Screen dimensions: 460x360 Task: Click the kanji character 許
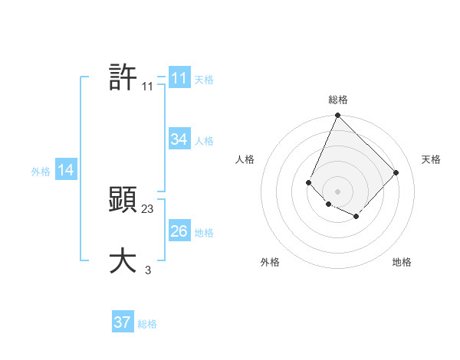point(123,77)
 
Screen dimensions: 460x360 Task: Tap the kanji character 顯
point(123,201)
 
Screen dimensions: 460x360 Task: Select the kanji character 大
point(123,261)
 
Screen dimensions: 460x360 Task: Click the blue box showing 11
point(179,78)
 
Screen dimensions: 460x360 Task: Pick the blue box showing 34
point(179,139)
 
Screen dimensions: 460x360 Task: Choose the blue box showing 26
point(179,231)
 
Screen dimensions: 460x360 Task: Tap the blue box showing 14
point(66,171)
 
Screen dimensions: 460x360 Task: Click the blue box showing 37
point(123,322)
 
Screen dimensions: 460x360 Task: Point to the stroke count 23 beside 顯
point(148,209)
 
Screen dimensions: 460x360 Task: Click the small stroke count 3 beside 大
point(148,270)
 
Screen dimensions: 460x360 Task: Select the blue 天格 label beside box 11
point(204,80)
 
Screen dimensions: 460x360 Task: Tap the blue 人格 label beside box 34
point(204,141)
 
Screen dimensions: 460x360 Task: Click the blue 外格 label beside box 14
point(41,172)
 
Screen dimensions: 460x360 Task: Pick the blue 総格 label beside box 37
point(147,324)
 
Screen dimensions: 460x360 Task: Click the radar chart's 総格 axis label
point(338,100)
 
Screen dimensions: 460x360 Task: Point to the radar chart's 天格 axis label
point(431,159)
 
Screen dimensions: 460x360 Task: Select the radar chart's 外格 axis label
point(270,262)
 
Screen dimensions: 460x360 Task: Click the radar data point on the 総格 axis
point(337,116)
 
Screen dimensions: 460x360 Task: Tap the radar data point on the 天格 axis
point(396,172)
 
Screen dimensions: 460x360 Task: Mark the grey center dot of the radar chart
point(337,191)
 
